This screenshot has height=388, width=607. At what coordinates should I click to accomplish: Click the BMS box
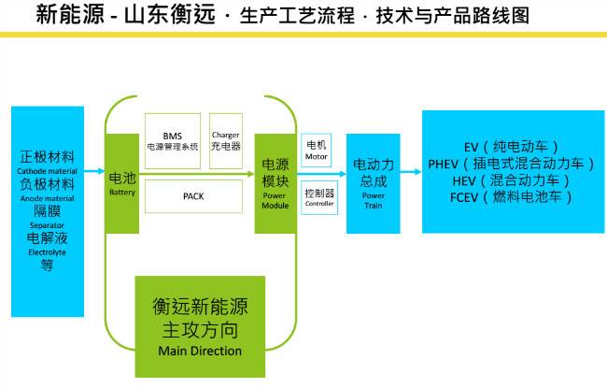[173, 140]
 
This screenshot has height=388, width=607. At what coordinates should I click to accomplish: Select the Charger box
[226, 140]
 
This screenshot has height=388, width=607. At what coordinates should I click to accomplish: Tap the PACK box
[194, 196]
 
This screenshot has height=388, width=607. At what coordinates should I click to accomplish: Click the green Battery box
[122, 183]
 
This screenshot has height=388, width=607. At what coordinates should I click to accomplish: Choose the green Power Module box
[275, 183]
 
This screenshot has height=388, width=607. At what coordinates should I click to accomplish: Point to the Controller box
[318, 197]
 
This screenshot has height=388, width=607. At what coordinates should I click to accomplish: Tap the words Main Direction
[200, 351]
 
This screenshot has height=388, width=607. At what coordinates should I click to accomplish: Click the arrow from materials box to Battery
[94, 171]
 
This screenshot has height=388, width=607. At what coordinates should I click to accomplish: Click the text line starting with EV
[512, 148]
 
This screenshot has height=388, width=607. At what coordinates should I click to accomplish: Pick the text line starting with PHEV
[512, 165]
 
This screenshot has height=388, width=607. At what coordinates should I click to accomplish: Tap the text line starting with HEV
[512, 180]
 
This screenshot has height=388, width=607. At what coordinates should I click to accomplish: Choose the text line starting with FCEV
[512, 197]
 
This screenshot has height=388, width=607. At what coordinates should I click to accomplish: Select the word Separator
[47, 225]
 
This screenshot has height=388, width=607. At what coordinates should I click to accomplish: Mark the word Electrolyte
[47, 251]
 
